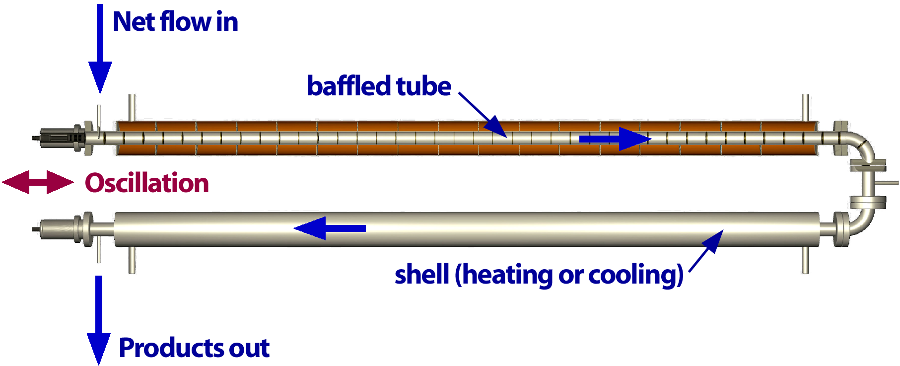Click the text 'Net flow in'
[175, 22]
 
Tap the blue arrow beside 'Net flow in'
[100, 50]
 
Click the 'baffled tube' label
[379, 86]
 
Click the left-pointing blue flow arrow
[330, 228]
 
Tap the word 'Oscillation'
[147, 183]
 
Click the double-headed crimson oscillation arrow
[38, 182]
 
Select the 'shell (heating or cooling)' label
[539, 275]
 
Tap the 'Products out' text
[194, 348]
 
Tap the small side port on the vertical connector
[889, 184]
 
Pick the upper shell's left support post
[132, 107]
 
